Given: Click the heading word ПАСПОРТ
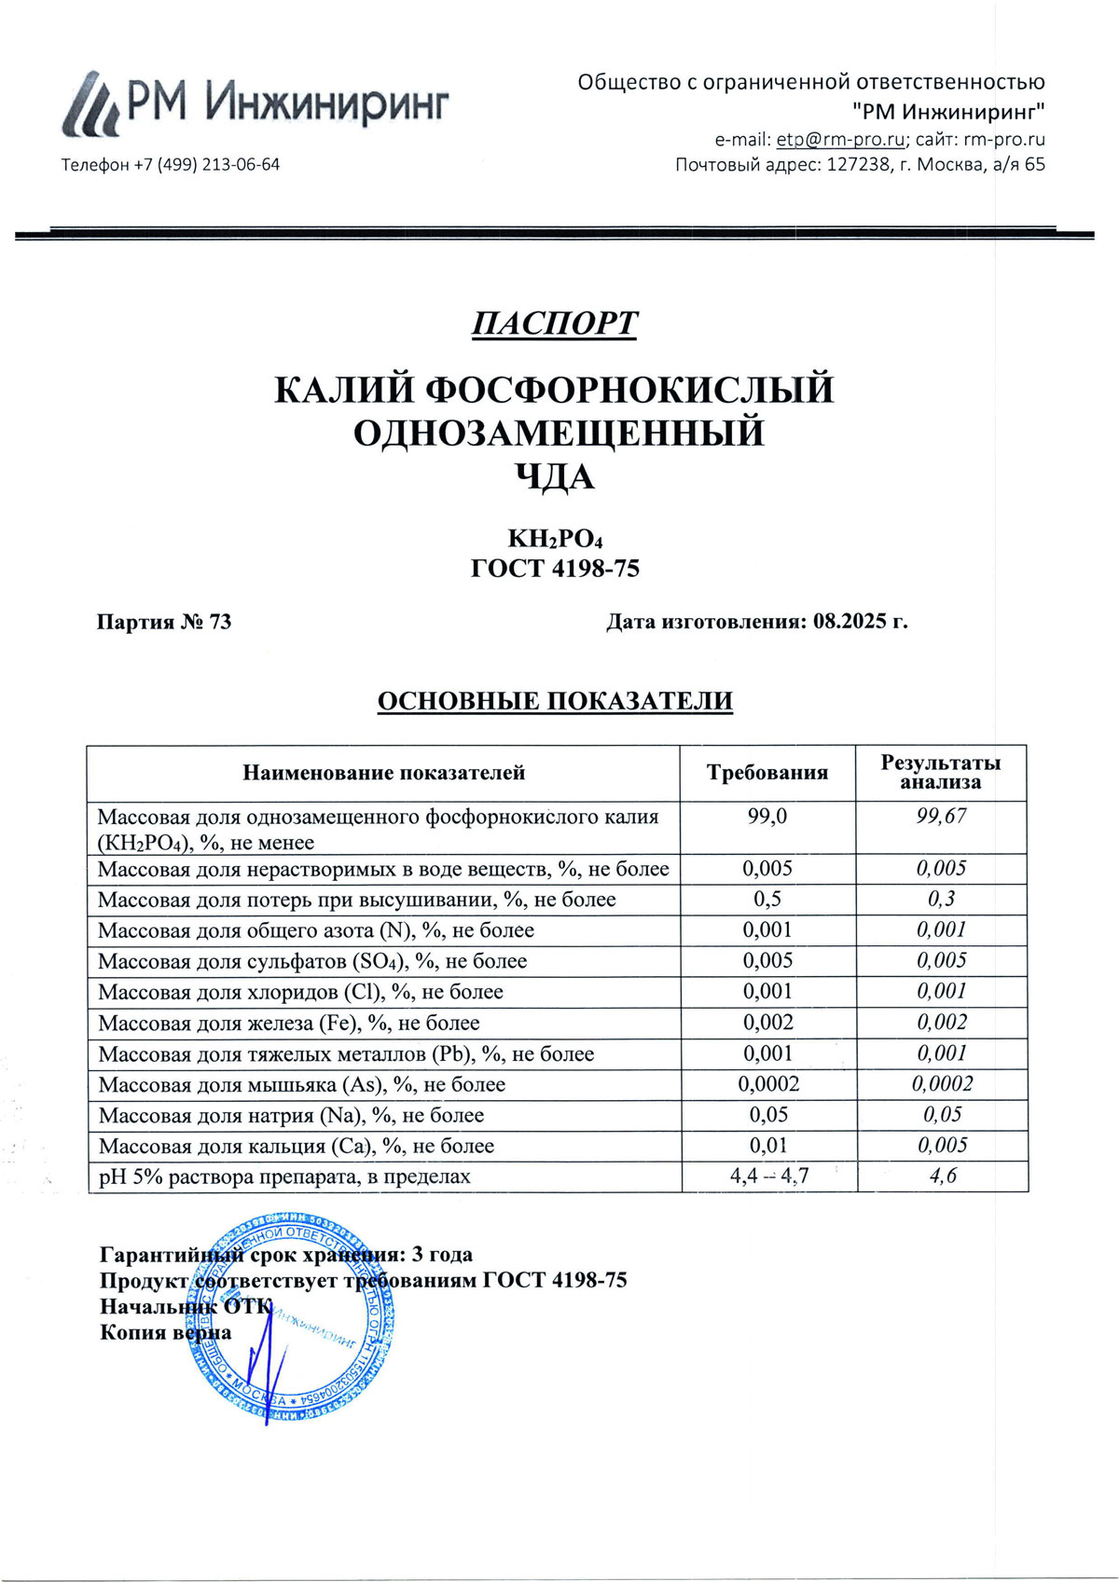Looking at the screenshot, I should click(554, 323).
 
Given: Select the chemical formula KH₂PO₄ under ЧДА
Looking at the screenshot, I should click(556, 540).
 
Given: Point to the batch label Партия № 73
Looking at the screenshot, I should click(164, 622).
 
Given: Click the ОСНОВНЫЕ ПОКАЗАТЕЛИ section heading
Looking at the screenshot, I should click(555, 701).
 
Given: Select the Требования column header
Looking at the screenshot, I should click(767, 773).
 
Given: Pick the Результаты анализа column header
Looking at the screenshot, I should click(941, 773).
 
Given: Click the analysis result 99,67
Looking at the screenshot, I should click(941, 817).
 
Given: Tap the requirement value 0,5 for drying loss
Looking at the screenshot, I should click(767, 900).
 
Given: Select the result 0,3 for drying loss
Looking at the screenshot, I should click(941, 900).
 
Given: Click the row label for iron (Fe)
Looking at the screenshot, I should click(289, 1024).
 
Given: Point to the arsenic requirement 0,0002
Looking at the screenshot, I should click(768, 1084).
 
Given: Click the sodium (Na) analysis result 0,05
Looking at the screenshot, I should click(942, 1115).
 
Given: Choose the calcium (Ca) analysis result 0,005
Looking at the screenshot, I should click(942, 1146).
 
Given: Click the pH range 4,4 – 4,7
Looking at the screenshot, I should click(768, 1176).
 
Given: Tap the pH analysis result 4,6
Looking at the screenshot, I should click(942, 1176).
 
